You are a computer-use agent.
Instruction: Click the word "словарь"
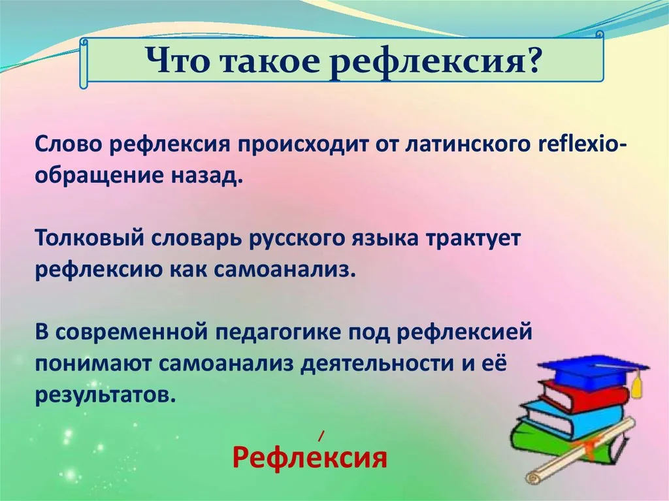coord(195,240)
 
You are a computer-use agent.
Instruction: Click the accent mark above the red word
coord(321,435)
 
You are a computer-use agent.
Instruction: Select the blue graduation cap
coord(593,370)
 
